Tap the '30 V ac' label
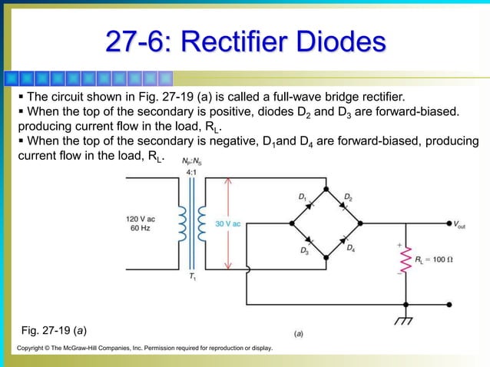(x=227, y=223)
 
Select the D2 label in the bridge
(x=347, y=197)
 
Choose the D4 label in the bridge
(x=350, y=248)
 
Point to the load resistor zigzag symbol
(x=405, y=260)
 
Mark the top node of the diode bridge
(x=326, y=188)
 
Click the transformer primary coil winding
(x=183, y=223)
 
